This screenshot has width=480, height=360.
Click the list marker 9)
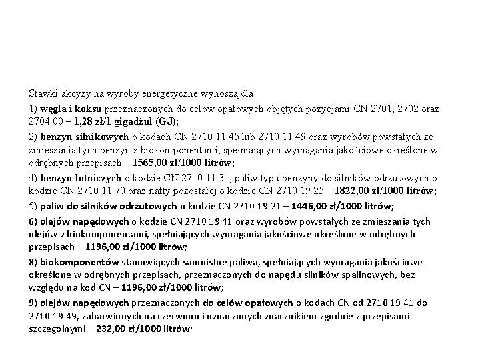click(x=34, y=303)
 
